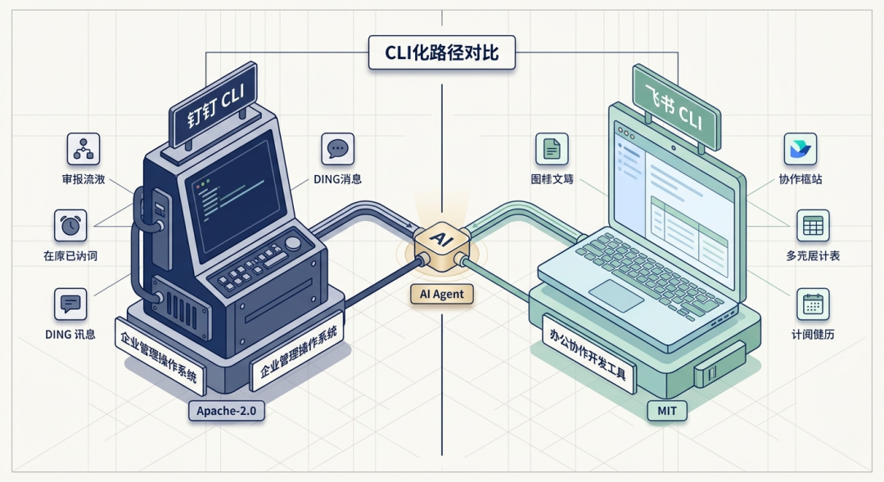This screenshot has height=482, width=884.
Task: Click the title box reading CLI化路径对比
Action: point(441,53)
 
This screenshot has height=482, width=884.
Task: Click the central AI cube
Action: point(440,242)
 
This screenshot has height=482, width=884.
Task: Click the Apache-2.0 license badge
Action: point(226,409)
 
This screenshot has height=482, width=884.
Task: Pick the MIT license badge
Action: point(666,409)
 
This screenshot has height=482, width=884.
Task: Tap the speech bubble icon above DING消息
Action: point(337,149)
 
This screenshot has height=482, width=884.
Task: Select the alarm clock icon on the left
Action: point(70,226)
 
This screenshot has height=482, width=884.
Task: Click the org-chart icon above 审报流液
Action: point(83,149)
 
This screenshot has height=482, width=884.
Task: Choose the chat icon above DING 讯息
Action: point(70,304)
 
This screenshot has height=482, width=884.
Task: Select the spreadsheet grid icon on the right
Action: point(813,226)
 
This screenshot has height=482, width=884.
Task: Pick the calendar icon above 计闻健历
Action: point(813,304)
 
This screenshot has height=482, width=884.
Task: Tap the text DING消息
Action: point(337,178)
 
